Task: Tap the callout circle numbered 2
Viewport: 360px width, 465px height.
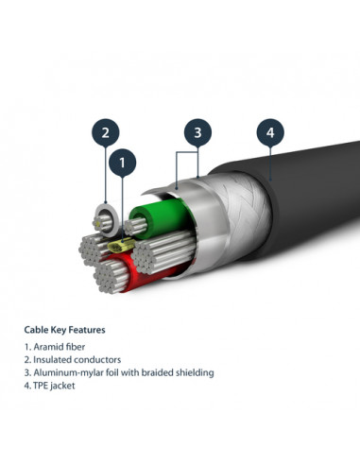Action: coord(107,131)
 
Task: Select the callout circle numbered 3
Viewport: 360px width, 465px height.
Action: coord(197,132)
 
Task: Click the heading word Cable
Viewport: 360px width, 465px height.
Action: coord(37,330)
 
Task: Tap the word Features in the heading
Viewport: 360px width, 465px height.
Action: coord(86,330)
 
